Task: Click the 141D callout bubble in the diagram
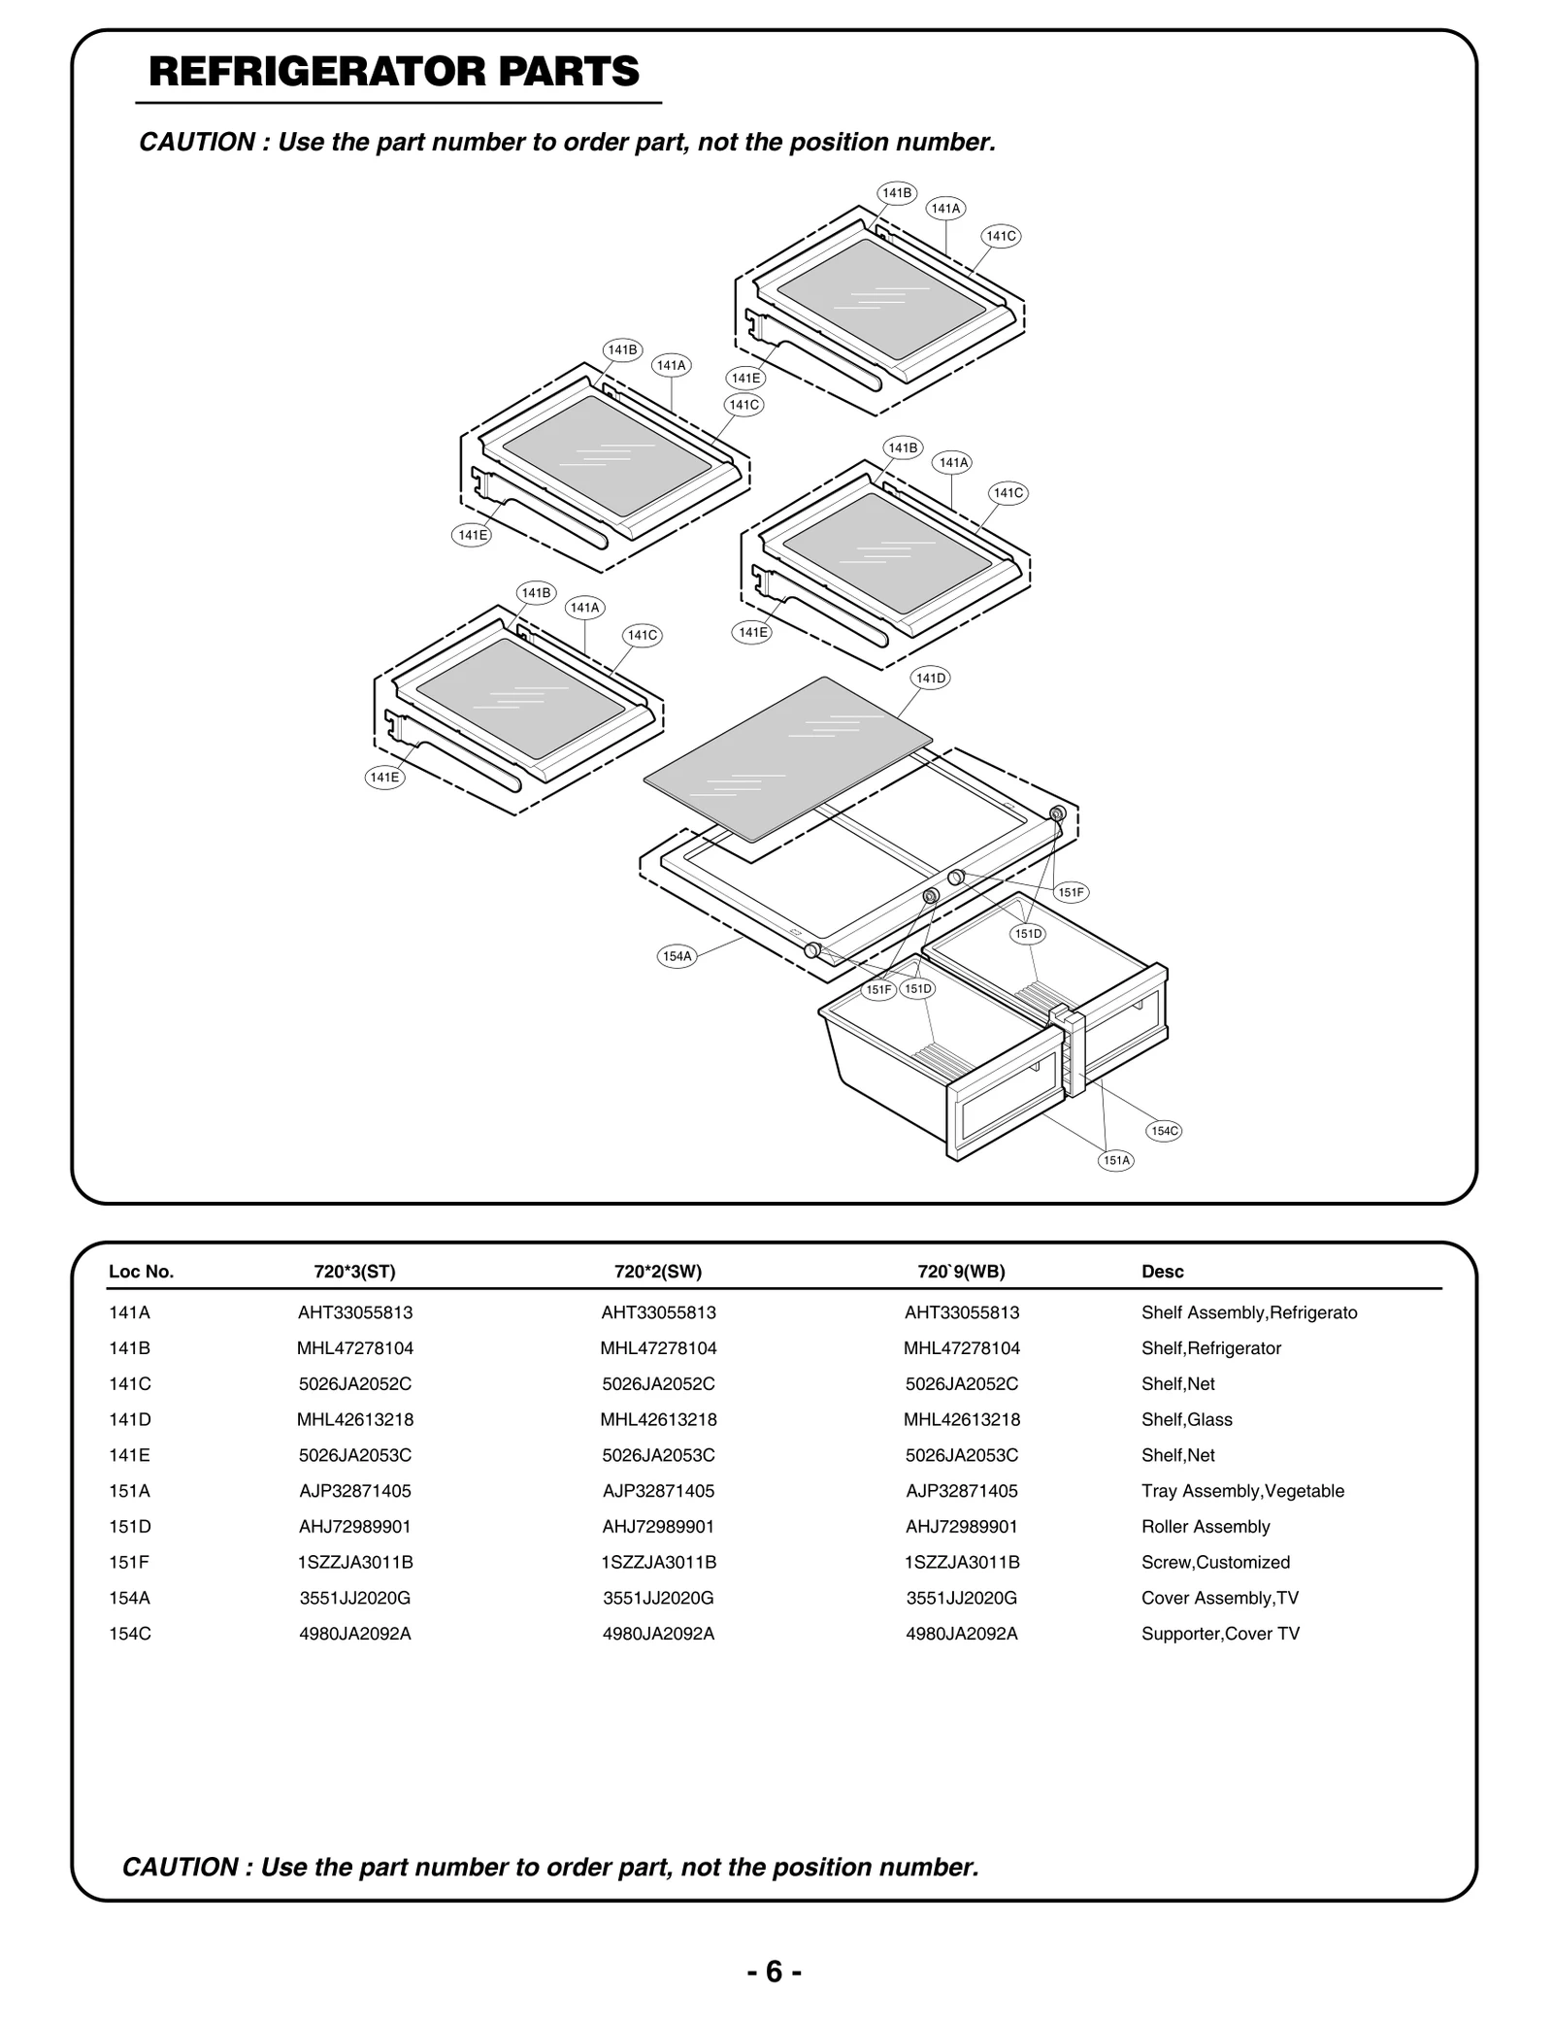coord(931,678)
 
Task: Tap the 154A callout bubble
coord(677,956)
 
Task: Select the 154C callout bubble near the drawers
coord(1164,1131)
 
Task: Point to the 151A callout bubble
coord(1116,1160)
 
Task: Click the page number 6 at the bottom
coord(775,1972)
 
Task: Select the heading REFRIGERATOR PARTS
coord(394,72)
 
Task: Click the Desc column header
coord(1162,1272)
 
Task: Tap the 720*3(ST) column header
coord(354,1272)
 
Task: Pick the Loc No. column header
coord(141,1272)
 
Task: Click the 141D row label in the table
coord(130,1419)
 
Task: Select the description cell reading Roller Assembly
coord(1206,1527)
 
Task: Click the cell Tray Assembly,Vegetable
coord(1242,1491)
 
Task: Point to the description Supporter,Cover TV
coord(1220,1634)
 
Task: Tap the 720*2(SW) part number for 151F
coord(658,1562)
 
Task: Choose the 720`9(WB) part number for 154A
coord(962,1598)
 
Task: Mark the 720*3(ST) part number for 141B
coord(355,1348)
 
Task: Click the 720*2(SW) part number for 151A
coord(658,1491)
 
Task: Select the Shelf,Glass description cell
coord(1186,1419)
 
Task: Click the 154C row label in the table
coord(130,1634)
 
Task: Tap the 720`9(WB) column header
coord(961,1272)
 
